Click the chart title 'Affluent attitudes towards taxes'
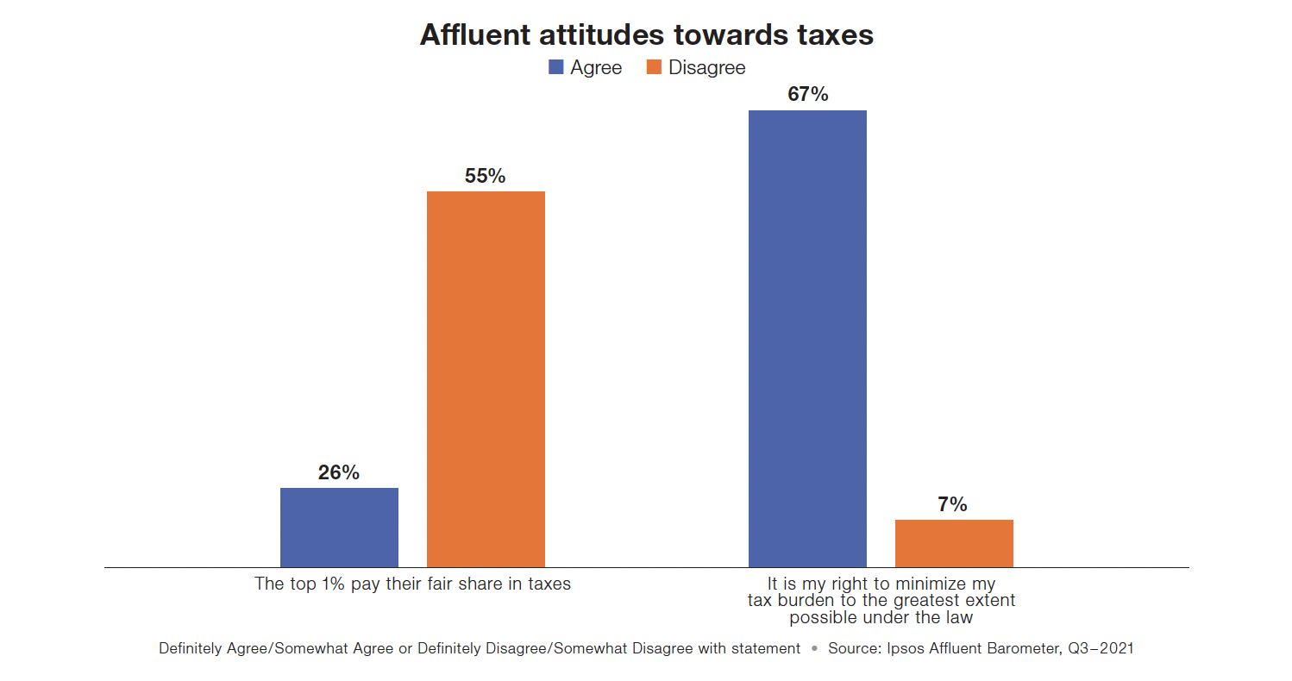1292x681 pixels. pos(646,34)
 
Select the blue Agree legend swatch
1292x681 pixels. pos(556,67)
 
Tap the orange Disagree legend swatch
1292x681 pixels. pos(654,67)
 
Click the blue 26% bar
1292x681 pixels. pos(339,528)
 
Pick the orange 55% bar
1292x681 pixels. pos(486,379)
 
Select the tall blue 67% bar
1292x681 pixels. pos(807,339)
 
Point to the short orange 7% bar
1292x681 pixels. pos(954,543)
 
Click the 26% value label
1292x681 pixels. pos(339,472)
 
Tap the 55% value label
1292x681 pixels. pos(486,176)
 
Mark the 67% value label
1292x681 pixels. pos(807,95)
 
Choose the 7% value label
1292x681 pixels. pos(953,504)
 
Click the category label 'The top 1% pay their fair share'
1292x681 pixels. pos(412,584)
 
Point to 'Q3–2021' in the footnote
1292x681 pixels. pos(1102,648)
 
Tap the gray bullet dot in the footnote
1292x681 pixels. pos(814,648)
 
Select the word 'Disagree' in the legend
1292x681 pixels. pos(706,67)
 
